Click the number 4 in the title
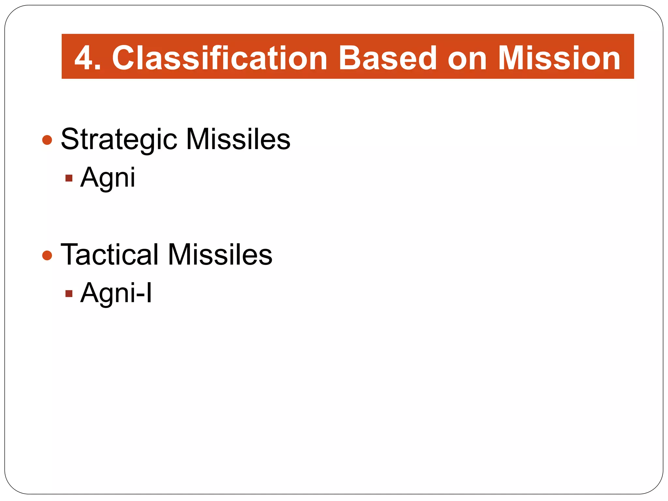pyautogui.click(x=83, y=58)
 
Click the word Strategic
pyautogui.click(x=119, y=140)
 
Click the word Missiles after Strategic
pyautogui.click(x=238, y=140)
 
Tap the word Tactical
pyautogui.click(x=110, y=255)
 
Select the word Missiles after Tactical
pyautogui.click(x=220, y=255)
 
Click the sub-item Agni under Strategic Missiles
pyautogui.click(x=108, y=178)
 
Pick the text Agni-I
pyautogui.click(x=116, y=293)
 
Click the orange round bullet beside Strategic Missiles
pyautogui.click(x=47, y=140)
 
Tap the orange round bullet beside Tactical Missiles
pyautogui.click(x=47, y=255)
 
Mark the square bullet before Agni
pyautogui.click(x=69, y=178)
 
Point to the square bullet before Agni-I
pyautogui.click(x=69, y=294)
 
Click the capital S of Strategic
pyautogui.click(x=71, y=139)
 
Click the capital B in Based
pyautogui.click(x=351, y=58)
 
